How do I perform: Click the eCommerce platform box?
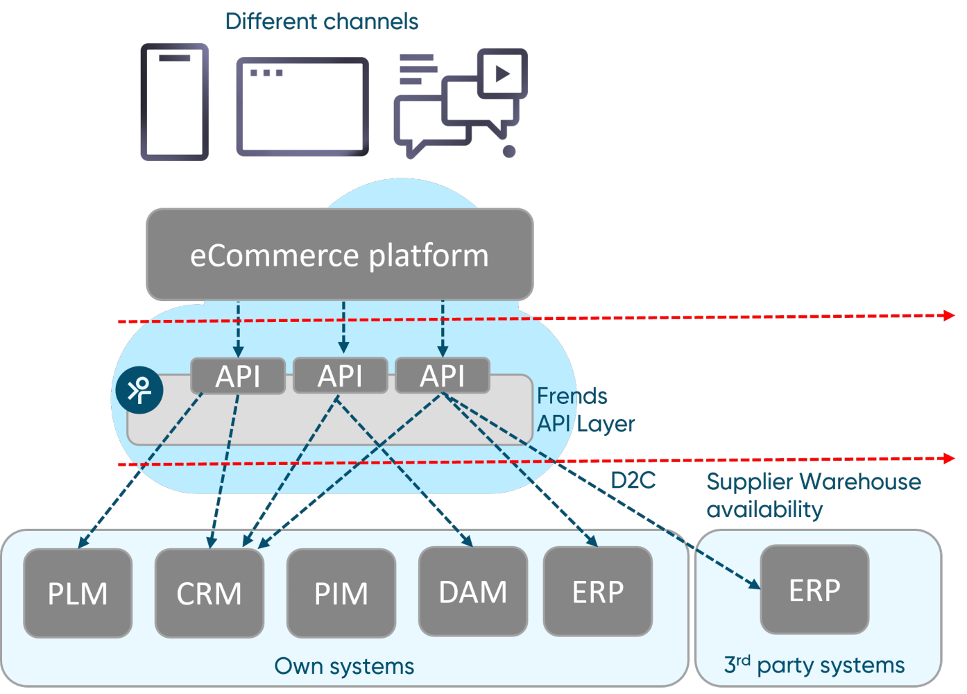(339, 255)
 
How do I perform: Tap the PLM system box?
(78, 593)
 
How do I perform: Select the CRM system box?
(209, 593)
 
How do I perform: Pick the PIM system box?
(341, 593)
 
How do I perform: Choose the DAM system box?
(473, 592)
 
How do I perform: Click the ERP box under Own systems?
(598, 592)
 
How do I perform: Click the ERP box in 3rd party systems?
(814, 590)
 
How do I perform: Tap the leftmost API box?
(238, 376)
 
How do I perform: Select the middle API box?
(340, 376)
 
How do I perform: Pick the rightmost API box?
(443, 375)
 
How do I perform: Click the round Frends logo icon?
(139, 390)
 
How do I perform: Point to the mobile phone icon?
(175, 102)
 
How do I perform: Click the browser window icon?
(302, 107)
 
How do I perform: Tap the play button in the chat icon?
(503, 73)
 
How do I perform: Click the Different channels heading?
(322, 22)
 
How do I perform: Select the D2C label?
(633, 480)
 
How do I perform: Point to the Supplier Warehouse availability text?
(813, 495)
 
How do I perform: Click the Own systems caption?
(344, 666)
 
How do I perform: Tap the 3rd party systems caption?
(814, 665)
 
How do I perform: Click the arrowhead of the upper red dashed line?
(950, 316)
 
